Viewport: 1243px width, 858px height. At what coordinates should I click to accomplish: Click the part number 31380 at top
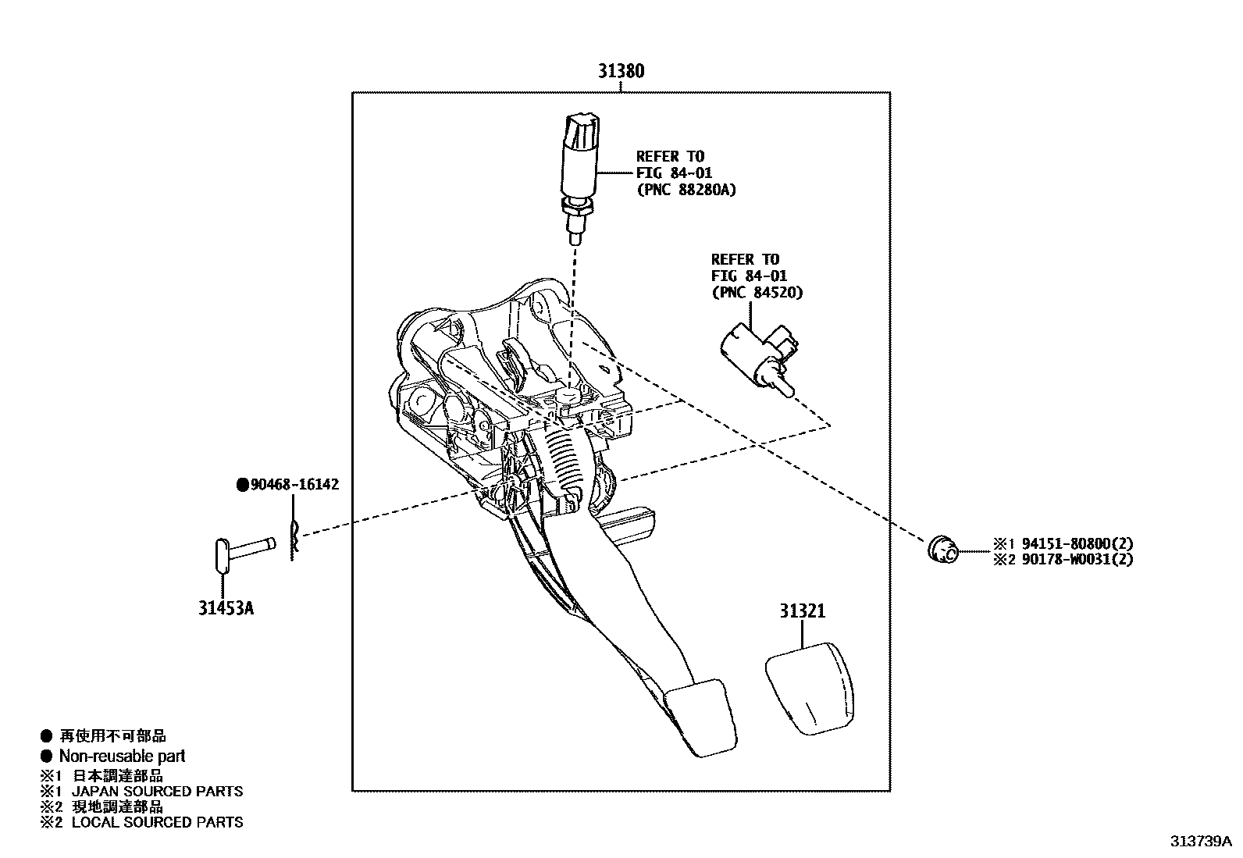[621, 71]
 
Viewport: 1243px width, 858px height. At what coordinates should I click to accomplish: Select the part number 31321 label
[801, 611]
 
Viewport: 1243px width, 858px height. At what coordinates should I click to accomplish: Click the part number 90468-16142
[294, 485]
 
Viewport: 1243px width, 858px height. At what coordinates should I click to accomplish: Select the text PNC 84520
[757, 292]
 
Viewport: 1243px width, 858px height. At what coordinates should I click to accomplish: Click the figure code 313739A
[1199, 841]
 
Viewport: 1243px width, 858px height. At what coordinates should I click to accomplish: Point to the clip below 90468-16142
[294, 539]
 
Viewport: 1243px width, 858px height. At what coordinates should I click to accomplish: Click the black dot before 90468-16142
[242, 485]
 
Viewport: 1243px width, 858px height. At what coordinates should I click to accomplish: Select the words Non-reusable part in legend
[122, 756]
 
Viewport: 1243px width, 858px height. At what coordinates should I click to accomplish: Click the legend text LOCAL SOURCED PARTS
[157, 822]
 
